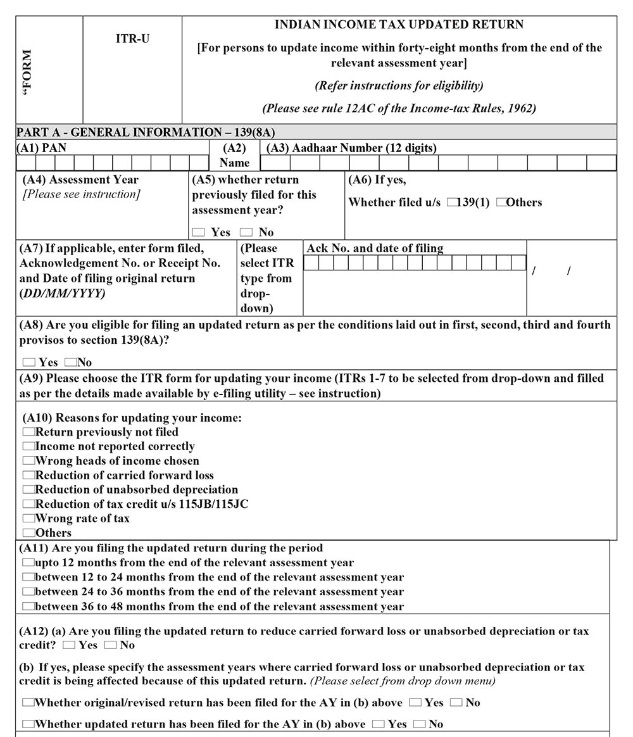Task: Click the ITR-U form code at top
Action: tap(132, 39)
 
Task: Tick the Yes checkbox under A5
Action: tap(199, 232)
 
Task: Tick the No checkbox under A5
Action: tap(246, 232)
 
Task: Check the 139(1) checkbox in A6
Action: tap(452, 203)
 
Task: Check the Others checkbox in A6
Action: tap(502, 203)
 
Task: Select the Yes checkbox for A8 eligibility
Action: tap(28, 363)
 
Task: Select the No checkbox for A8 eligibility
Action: tap(70, 363)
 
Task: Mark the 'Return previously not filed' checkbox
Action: tap(28, 432)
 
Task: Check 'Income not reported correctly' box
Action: tap(28, 446)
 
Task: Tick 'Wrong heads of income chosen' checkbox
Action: tap(28, 461)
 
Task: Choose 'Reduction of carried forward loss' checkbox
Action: tap(28, 476)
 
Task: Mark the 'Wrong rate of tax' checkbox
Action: tap(28, 519)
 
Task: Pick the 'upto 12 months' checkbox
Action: tap(28, 562)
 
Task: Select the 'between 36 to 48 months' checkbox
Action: tap(28, 606)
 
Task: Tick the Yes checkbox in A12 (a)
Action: tap(69, 645)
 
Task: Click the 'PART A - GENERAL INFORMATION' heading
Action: tap(146, 132)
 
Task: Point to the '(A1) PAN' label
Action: tap(42, 148)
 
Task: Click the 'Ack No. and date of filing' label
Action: tap(375, 248)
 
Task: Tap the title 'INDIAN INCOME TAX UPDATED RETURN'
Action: tap(399, 25)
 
